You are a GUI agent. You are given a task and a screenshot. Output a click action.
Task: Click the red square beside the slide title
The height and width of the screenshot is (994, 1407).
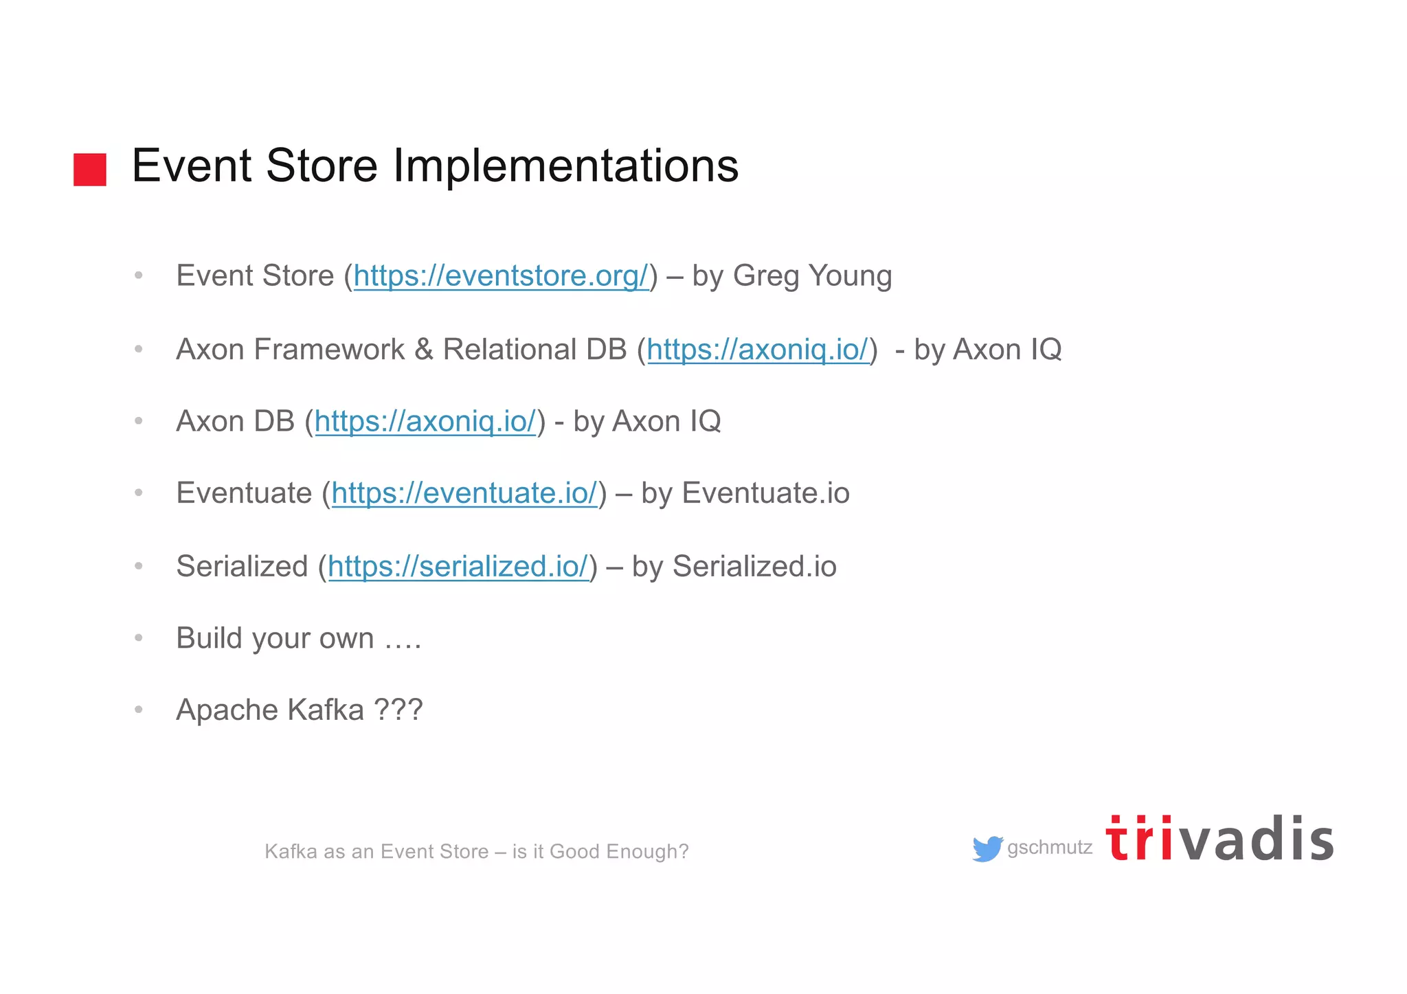pyautogui.click(x=90, y=170)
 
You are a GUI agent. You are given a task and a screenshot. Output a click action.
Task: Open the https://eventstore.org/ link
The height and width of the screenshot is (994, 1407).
pyautogui.click(x=501, y=276)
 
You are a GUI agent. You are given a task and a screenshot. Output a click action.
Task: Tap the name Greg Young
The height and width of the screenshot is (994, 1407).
pyautogui.click(x=812, y=276)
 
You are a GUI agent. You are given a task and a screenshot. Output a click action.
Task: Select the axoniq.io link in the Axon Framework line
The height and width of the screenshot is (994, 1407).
pyautogui.click(x=758, y=350)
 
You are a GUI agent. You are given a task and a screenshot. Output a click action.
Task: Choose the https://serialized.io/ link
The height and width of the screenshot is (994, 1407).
pyautogui.click(x=458, y=567)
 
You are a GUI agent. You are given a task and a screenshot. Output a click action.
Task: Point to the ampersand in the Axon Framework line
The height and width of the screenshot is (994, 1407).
pyautogui.click(x=424, y=350)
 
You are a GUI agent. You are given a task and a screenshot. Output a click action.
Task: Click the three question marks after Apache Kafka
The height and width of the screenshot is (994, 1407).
pyautogui.click(x=398, y=710)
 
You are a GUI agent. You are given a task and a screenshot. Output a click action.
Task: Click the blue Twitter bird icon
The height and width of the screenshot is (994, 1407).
pyautogui.click(x=987, y=849)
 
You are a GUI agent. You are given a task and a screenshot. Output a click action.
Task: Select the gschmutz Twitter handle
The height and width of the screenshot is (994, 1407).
pyautogui.click(x=1050, y=848)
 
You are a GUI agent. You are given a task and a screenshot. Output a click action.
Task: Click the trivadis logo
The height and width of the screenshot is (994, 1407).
pyautogui.click(x=1219, y=839)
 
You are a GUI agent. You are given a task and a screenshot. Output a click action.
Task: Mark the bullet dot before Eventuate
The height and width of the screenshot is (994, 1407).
pyautogui.click(x=139, y=493)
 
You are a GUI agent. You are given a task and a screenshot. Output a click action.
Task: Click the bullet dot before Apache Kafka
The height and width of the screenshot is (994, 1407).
pyautogui.click(x=139, y=710)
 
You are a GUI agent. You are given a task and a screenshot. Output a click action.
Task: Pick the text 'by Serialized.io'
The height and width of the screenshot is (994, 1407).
pyautogui.click(x=734, y=567)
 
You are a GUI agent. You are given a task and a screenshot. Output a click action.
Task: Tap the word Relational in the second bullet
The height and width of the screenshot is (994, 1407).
pyautogui.click(x=508, y=350)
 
